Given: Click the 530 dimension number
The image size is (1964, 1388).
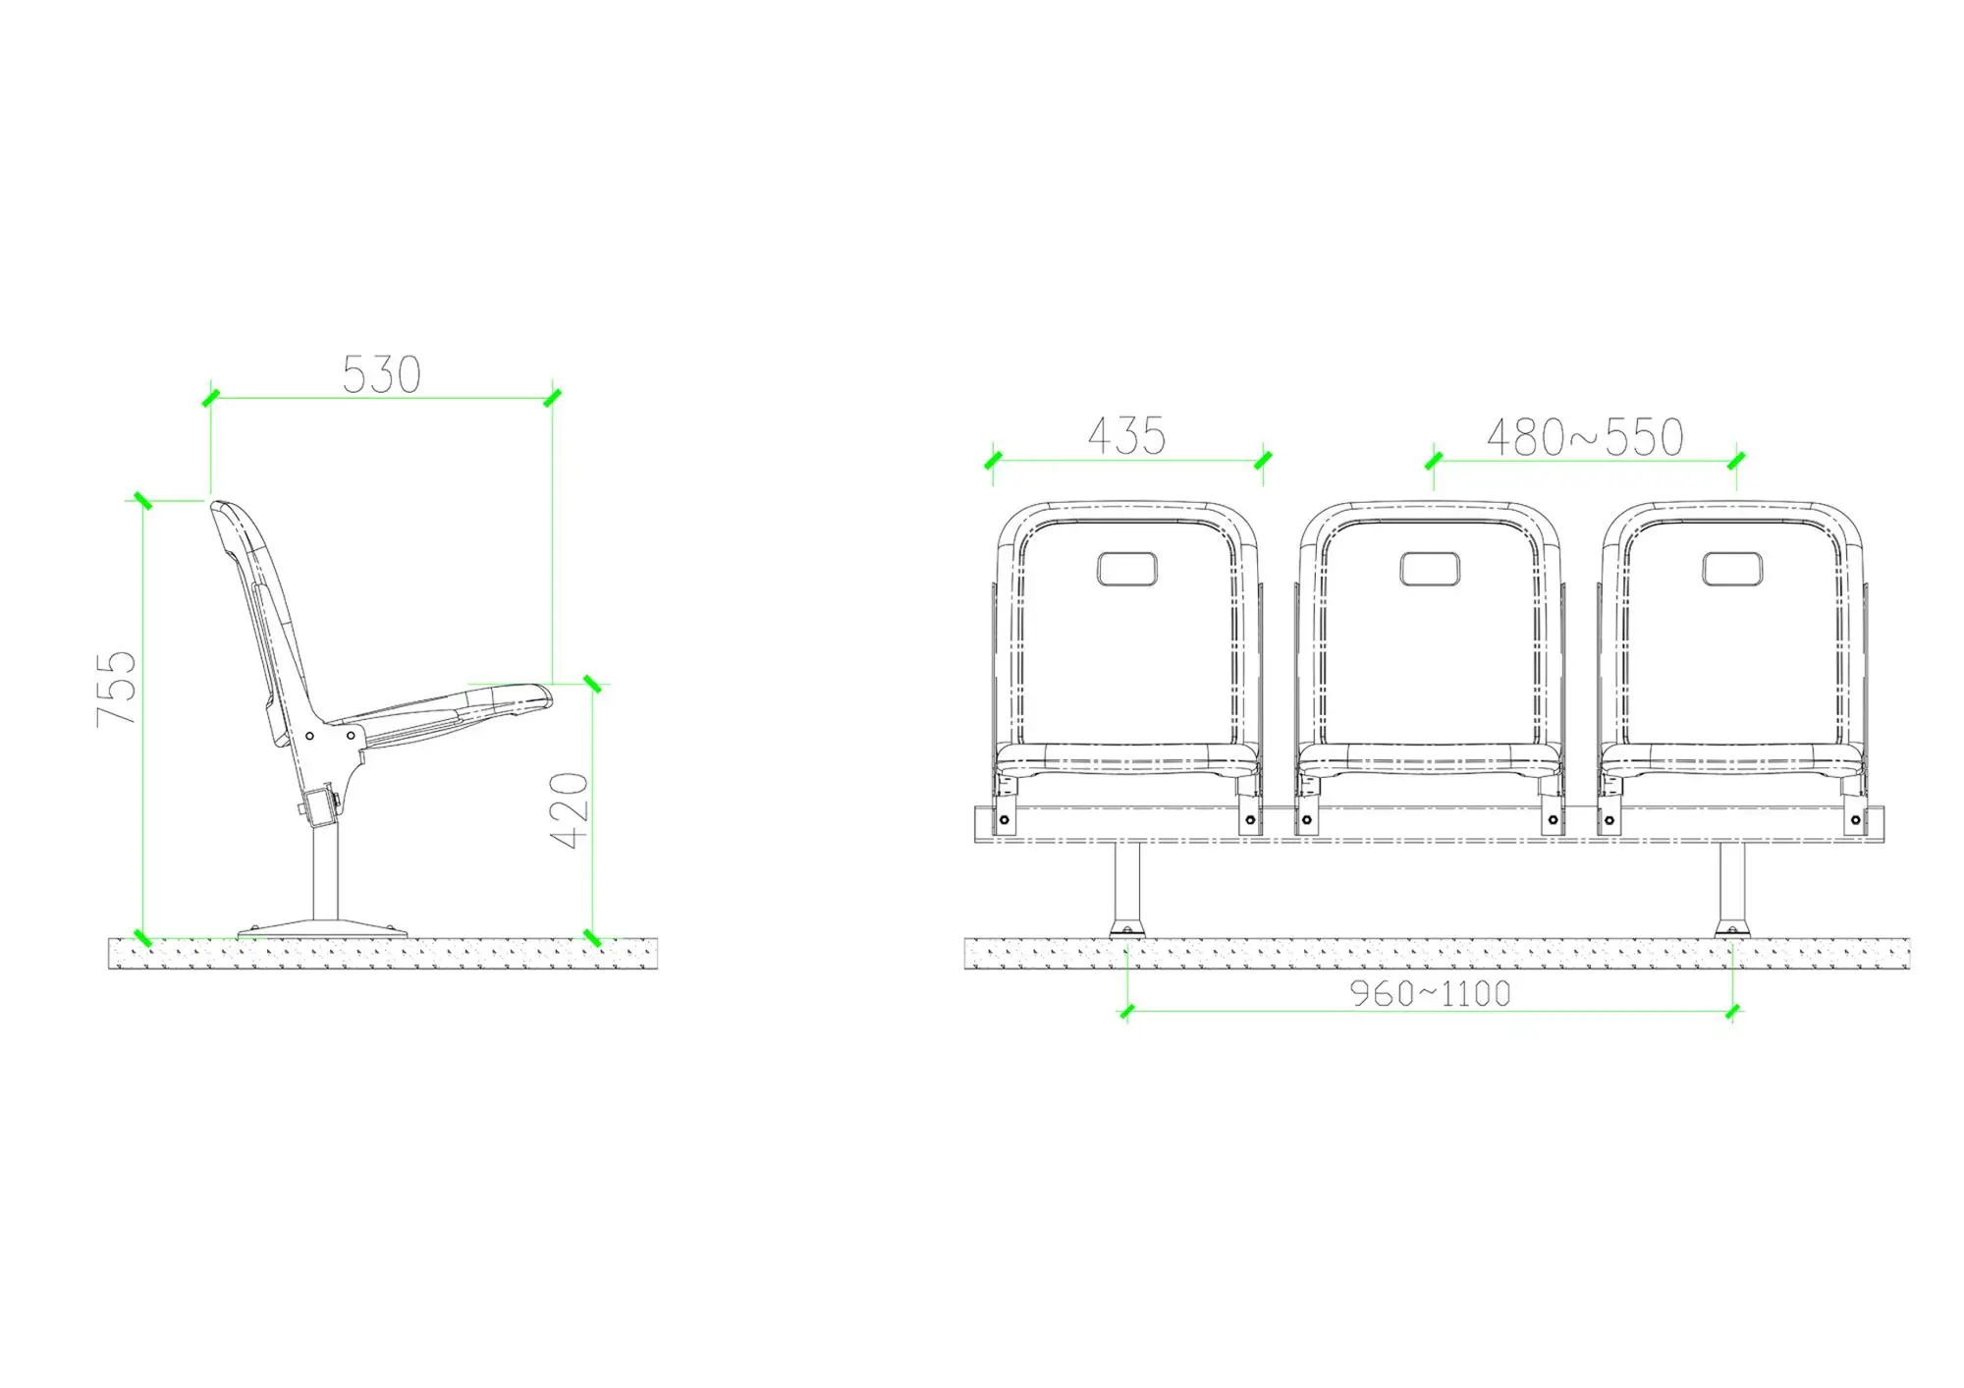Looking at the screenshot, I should pos(381,375).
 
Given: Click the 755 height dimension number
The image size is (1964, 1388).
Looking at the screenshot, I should pos(116,688).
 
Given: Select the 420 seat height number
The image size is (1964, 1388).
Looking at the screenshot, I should pos(569,810).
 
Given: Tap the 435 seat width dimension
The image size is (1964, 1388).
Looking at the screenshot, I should pos(1126,436).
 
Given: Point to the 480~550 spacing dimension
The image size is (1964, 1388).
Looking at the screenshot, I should pos(1585,438).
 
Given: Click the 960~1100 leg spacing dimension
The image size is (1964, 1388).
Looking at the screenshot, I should pos(1430,994).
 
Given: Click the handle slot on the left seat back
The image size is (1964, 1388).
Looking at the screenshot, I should pos(1126,569).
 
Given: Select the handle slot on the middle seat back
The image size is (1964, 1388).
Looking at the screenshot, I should pos(1429,569).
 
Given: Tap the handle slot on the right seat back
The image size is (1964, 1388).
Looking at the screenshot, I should pos(1731,569).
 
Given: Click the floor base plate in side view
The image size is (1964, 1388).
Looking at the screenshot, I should pos(323,927).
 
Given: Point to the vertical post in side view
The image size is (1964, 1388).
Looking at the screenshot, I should pos(326,874).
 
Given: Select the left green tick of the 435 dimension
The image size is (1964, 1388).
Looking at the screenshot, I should pos(993,460).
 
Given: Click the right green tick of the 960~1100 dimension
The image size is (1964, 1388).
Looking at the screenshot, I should pos(1732,1012).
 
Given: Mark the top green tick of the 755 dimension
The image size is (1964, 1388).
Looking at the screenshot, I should pos(143,501).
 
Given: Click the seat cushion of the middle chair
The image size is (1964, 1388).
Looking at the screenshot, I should pos(1429,755).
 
